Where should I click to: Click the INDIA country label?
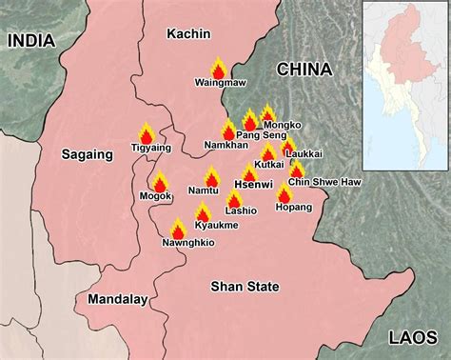pyautogui.click(x=32, y=40)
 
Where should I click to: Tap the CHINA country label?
pyautogui.click(x=304, y=70)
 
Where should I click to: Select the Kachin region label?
pyautogui.click(x=187, y=34)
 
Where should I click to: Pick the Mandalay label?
pyautogui.click(x=117, y=299)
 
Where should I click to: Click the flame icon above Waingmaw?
pyautogui.click(x=218, y=70)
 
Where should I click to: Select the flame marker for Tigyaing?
pyautogui.click(x=147, y=134)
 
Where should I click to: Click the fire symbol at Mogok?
pyautogui.click(x=160, y=182)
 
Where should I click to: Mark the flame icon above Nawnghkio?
pyautogui.click(x=178, y=229)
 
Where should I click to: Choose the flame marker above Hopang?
pyautogui.click(x=284, y=193)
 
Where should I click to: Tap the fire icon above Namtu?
pyautogui.click(x=211, y=177)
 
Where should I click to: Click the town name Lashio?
pyautogui.click(x=241, y=210)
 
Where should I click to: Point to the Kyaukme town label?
pyautogui.click(x=211, y=225)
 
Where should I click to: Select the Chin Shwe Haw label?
pyautogui.click(x=313, y=183)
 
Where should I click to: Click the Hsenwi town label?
pyautogui.click(x=251, y=185)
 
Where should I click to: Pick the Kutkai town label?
pyautogui.click(x=269, y=165)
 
